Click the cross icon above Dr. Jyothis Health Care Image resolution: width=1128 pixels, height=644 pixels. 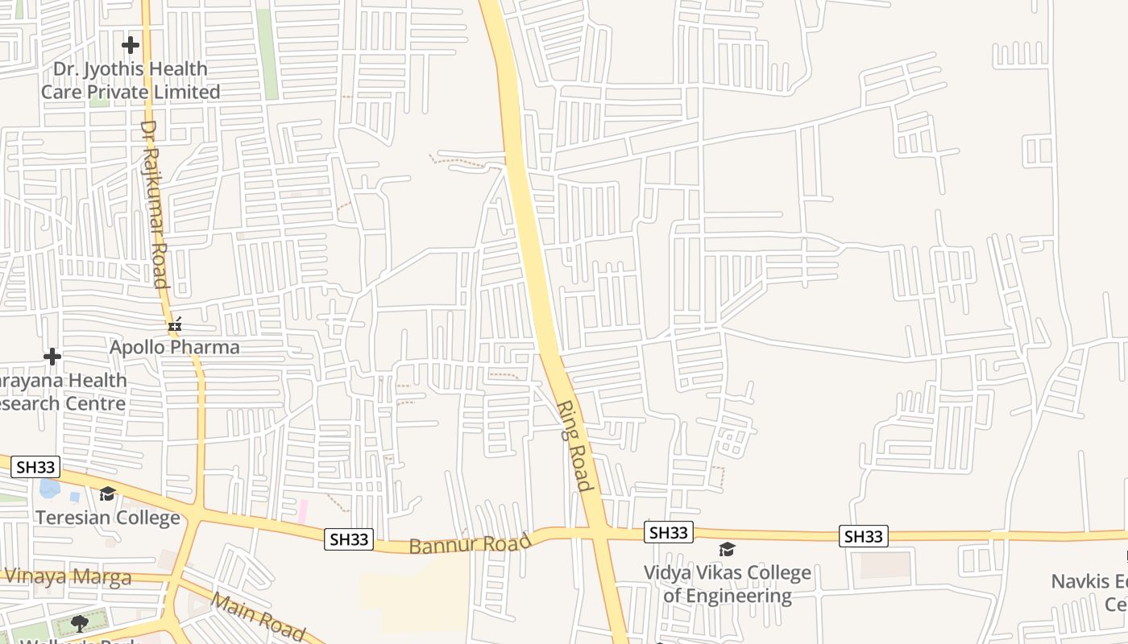(x=131, y=45)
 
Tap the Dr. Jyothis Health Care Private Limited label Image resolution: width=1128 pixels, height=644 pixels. (x=131, y=80)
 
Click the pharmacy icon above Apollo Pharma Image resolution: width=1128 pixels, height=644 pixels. (x=175, y=325)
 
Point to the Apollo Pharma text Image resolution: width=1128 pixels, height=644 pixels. (x=175, y=348)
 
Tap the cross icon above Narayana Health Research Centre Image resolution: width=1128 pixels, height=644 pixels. (x=52, y=357)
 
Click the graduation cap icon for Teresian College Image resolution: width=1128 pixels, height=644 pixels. (x=107, y=493)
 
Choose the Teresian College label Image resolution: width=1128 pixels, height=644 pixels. (x=107, y=517)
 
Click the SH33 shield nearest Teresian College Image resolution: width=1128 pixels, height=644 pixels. (x=36, y=467)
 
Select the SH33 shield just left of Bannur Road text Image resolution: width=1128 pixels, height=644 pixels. (x=349, y=539)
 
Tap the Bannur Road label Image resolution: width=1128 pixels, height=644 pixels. (x=471, y=544)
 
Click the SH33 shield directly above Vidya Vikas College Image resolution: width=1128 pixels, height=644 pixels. (x=669, y=532)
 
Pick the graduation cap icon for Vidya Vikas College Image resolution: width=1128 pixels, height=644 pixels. (x=728, y=550)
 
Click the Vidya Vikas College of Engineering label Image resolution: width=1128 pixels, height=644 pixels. (x=728, y=584)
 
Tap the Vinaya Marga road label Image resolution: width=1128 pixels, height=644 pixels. (x=68, y=576)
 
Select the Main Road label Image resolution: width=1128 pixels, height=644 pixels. (x=259, y=617)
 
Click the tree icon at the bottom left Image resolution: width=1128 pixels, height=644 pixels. (x=79, y=623)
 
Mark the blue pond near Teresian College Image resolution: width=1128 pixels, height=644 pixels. (x=49, y=487)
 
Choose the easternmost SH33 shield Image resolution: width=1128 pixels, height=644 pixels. (x=864, y=536)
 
